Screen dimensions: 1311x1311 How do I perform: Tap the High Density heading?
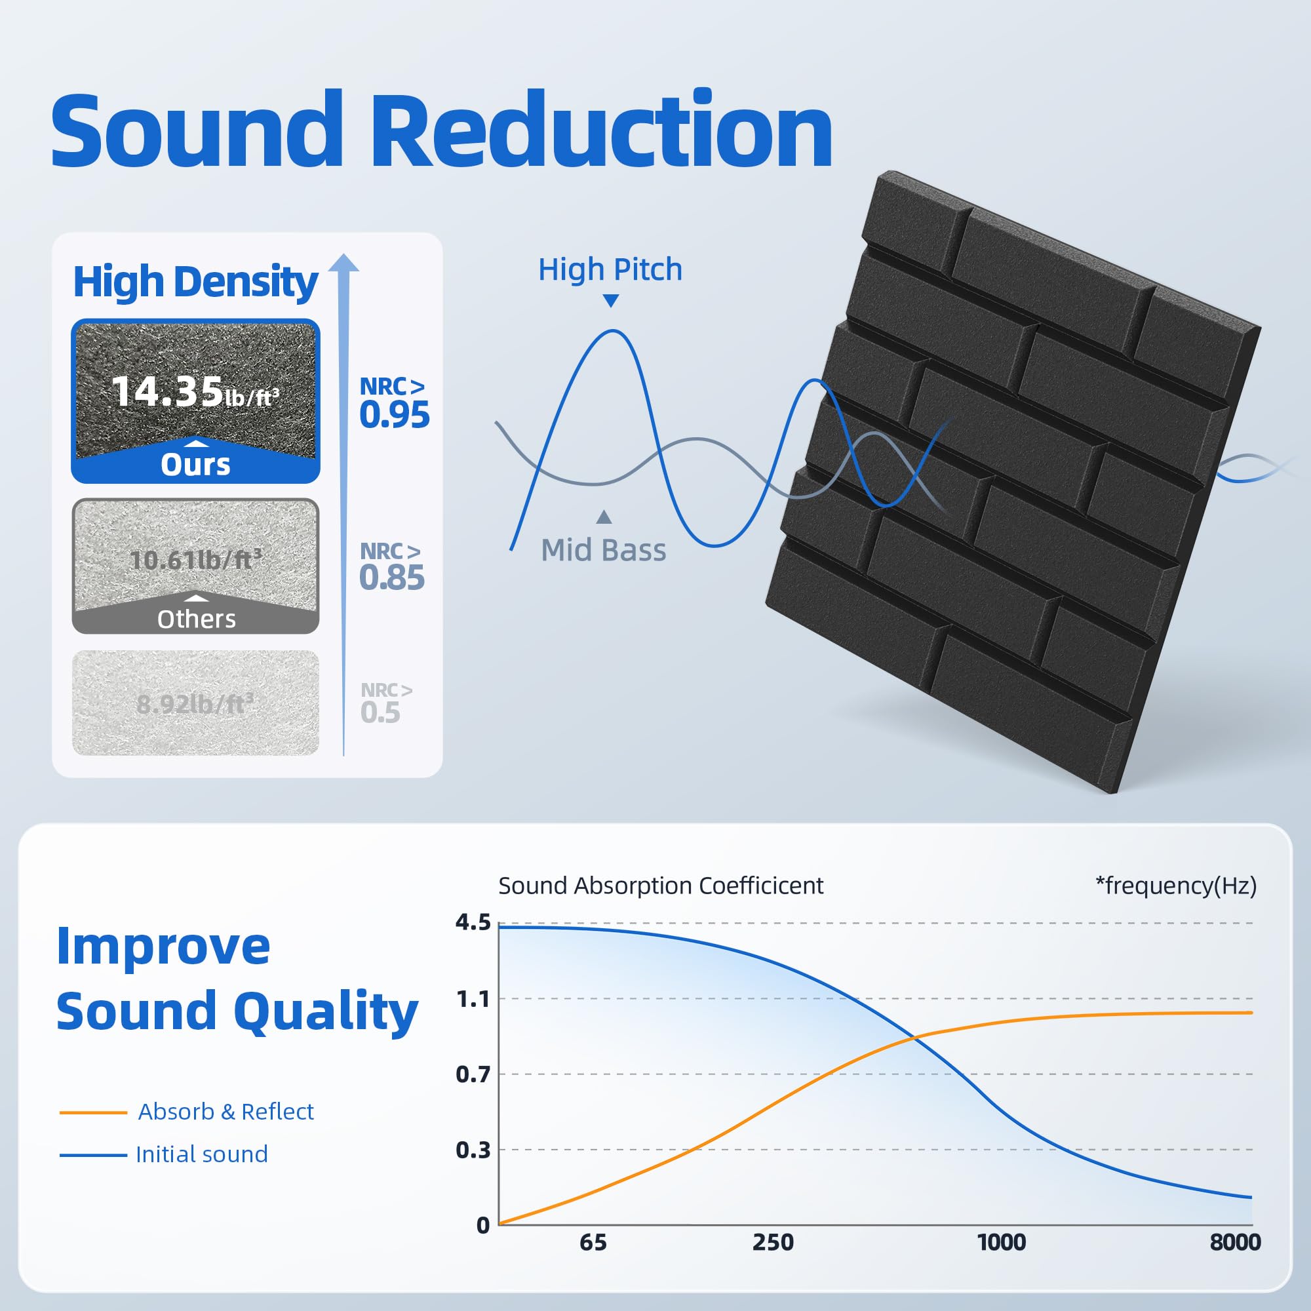point(195,282)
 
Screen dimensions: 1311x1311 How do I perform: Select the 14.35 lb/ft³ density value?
point(195,392)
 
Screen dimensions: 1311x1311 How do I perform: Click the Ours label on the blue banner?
point(195,465)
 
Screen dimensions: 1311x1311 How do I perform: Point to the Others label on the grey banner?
point(196,619)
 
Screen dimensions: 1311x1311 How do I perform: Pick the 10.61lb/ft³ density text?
point(195,560)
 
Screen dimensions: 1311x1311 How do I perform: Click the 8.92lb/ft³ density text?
point(195,703)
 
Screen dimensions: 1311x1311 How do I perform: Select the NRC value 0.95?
point(394,415)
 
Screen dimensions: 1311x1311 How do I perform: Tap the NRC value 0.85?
point(391,577)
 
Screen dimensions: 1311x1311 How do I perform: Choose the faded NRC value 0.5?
point(381,713)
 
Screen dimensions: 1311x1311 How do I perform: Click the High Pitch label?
point(610,269)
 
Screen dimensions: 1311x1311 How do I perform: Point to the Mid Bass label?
point(603,551)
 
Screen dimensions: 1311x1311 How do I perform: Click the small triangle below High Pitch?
point(611,301)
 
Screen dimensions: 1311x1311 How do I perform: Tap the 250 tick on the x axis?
point(773,1242)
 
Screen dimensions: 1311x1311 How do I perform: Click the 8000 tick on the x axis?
point(1235,1242)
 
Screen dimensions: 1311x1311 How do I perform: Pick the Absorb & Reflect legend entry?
point(225,1112)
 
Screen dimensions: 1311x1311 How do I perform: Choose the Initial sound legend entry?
point(201,1154)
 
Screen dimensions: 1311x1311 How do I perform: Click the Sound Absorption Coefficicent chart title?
point(660,886)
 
